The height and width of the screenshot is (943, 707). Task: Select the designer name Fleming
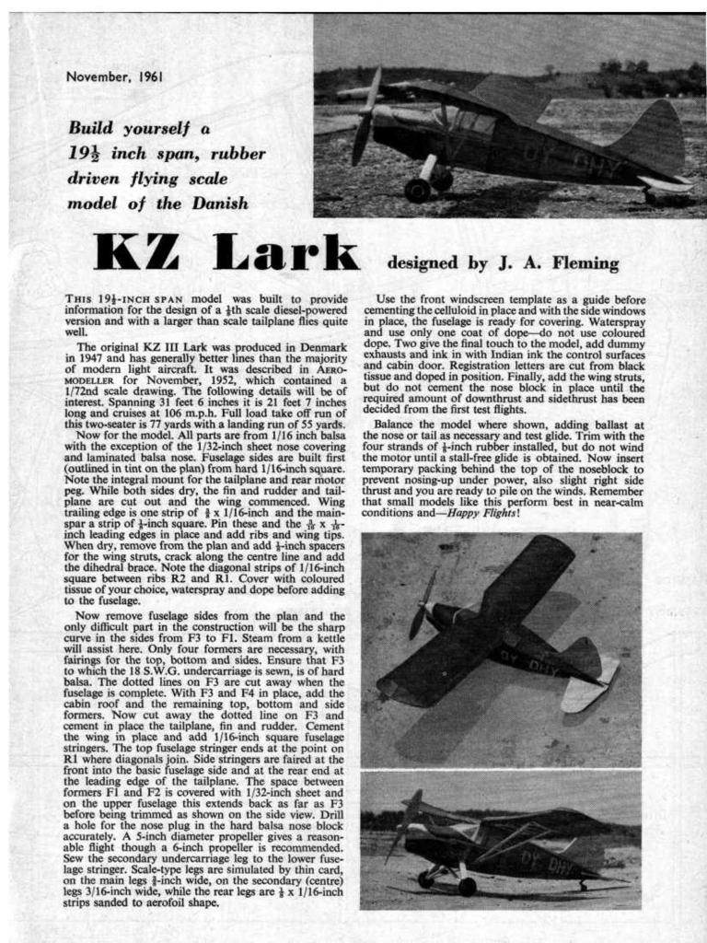pos(585,263)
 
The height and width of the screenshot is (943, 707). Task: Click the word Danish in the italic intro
pos(219,204)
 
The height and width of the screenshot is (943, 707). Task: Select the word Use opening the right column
pos(388,300)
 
